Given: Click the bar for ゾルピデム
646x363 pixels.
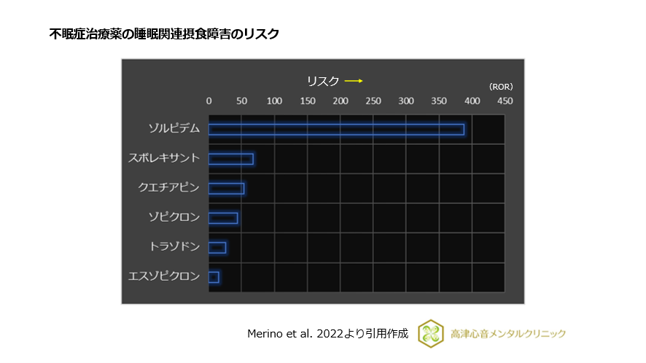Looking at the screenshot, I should coord(336,129).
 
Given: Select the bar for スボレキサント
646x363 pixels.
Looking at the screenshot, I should coord(231,159).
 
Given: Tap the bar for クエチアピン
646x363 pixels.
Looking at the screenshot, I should coord(226,188).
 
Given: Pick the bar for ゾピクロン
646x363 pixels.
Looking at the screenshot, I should coord(223,218).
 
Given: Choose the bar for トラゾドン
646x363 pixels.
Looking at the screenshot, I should coord(217,247).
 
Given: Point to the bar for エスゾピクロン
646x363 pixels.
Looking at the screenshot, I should coord(214,277).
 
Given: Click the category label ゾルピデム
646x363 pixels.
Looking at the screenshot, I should coord(174,128).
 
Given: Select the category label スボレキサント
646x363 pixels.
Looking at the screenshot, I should coord(164,158).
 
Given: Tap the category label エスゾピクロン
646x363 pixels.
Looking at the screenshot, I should coord(164,276).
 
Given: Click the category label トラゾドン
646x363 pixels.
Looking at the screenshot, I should coord(174,247).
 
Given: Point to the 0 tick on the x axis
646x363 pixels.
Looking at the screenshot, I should coord(209,101).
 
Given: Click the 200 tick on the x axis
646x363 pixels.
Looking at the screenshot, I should coord(340,101).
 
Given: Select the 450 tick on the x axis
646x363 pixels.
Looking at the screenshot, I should coord(504,101).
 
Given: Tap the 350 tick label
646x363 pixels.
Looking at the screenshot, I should coord(438,101).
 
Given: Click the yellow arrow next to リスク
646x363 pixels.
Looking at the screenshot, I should coord(354,81).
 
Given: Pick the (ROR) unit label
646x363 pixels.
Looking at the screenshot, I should coord(501,86).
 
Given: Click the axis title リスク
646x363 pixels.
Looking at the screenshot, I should coord(323,81).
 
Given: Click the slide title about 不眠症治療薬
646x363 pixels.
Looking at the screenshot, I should coord(164,34).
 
